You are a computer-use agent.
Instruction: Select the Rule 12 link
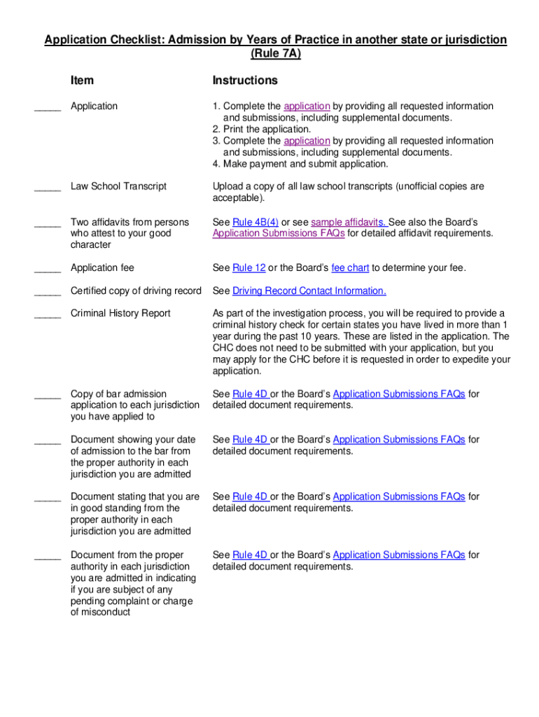coord(242,267)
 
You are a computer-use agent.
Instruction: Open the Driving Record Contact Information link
coord(309,291)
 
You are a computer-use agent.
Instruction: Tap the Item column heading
coord(82,81)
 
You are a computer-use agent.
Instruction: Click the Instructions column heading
coord(245,81)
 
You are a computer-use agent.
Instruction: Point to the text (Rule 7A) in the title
coord(276,53)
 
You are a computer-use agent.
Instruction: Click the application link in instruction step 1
coord(307,106)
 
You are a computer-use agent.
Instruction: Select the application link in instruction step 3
coord(307,141)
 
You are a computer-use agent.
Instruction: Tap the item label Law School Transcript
coord(118,186)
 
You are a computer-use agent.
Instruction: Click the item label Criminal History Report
coord(120,313)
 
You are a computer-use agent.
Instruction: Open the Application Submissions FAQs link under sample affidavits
coord(279,233)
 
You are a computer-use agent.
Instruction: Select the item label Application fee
coord(102,267)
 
